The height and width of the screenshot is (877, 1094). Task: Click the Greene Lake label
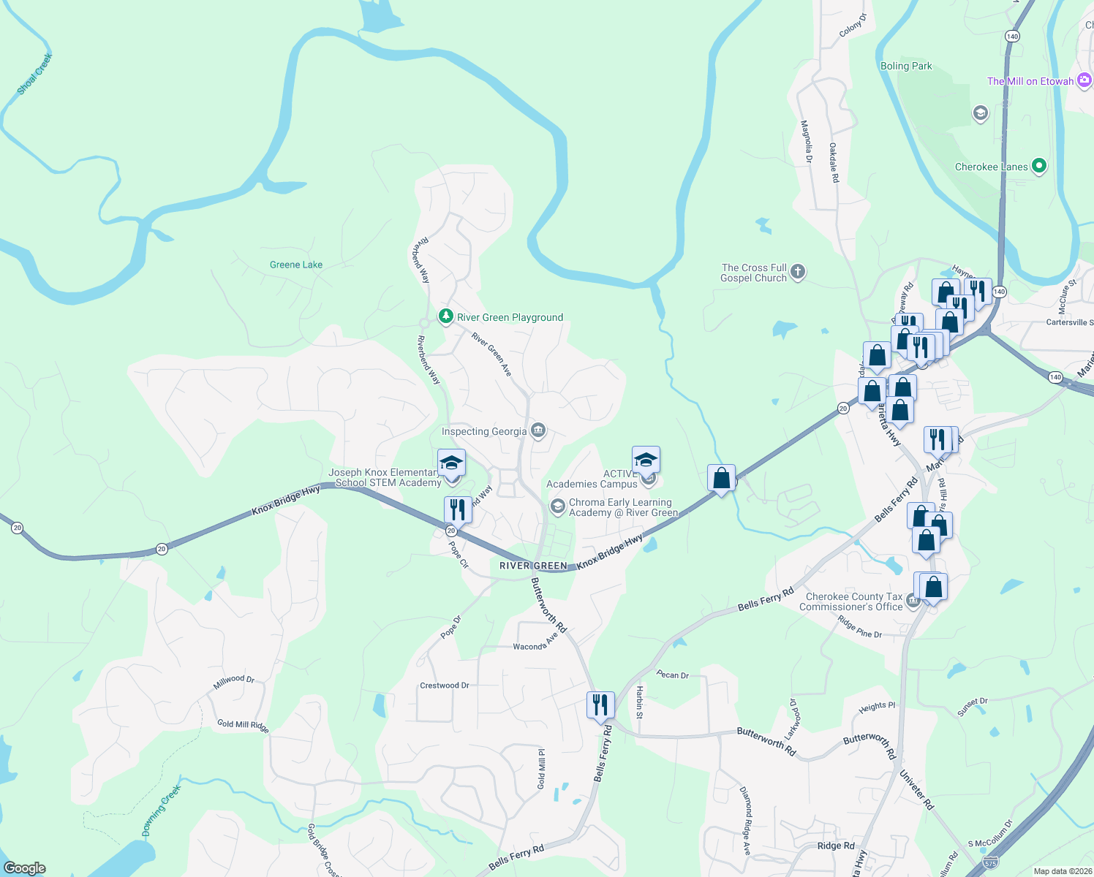coord(296,265)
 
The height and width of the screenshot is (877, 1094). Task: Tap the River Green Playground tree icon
coord(445,316)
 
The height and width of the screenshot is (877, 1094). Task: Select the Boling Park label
coord(906,66)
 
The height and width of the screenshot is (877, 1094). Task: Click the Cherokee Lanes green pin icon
coord(1038,166)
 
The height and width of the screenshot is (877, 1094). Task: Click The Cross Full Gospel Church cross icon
coord(798,272)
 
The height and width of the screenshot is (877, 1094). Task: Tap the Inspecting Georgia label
coord(484,431)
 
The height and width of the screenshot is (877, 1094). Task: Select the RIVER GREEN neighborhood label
coord(533,566)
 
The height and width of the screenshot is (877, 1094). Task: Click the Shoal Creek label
coord(35,74)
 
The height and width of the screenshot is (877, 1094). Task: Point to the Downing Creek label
coord(161,810)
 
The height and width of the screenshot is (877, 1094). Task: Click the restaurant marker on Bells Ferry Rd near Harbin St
coord(600,705)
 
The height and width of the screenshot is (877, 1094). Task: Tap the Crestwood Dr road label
coord(445,686)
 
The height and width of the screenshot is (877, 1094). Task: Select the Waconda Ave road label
coord(535,643)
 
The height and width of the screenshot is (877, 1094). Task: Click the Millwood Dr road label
coord(234,682)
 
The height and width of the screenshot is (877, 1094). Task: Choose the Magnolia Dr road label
coord(807,142)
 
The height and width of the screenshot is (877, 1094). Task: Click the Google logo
coord(25,868)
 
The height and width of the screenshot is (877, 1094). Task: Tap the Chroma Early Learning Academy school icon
coord(557,506)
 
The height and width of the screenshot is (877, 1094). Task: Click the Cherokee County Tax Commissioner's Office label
coord(851,601)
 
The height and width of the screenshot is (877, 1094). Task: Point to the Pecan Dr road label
coord(673,675)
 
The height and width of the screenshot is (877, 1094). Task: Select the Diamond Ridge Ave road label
coord(746,821)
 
